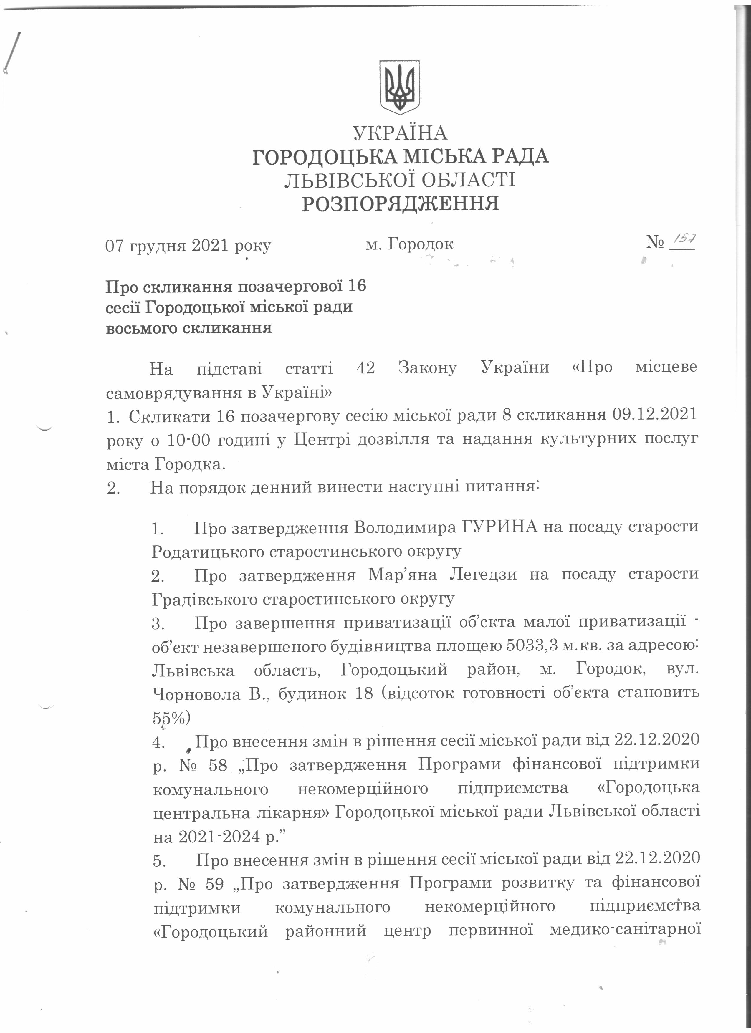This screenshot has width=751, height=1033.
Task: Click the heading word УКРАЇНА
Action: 400,133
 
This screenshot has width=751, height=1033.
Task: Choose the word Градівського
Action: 204,598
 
